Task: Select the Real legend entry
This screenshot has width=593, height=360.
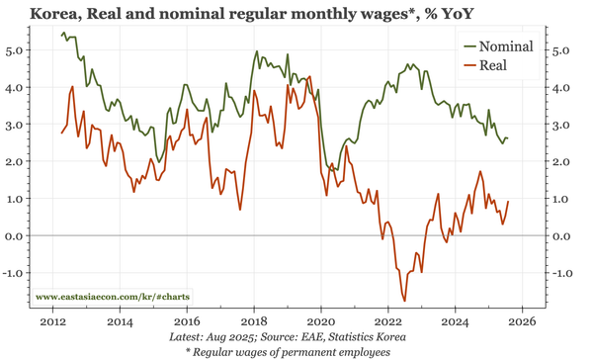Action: [x=491, y=65]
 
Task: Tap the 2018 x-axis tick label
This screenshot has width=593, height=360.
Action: [x=253, y=321]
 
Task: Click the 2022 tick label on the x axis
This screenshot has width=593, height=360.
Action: [x=388, y=321]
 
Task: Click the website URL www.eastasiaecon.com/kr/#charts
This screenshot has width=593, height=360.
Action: [x=114, y=296]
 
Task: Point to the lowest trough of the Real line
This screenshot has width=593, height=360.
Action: [x=404, y=300]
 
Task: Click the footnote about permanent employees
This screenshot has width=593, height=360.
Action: [x=296, y=351]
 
